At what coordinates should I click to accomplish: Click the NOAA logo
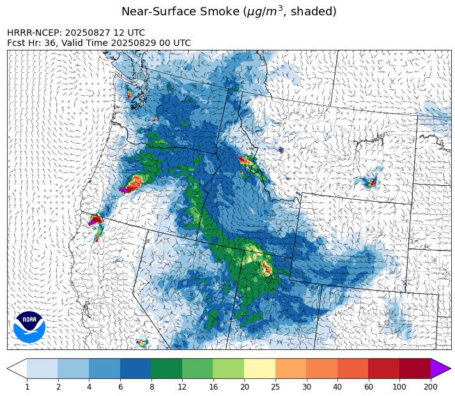[29, 326]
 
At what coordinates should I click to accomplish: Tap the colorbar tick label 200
[430, 386]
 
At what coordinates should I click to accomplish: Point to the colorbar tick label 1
[27, 386]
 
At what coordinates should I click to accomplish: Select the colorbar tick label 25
[275, 386]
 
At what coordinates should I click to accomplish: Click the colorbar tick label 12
[182, 386]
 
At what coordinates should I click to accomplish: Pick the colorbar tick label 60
[368, 386]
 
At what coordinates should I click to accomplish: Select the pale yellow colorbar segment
[259, 369]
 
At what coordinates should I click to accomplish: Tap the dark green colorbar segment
[166, 369]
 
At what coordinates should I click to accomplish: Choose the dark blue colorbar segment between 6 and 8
[135, 369]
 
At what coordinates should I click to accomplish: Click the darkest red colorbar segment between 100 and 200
[415, 369]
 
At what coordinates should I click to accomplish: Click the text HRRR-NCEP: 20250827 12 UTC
[76, 33]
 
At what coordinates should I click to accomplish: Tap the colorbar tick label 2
[58, 386]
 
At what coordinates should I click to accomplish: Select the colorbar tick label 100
[399, 386]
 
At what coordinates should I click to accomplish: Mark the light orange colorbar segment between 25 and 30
[291, 369]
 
